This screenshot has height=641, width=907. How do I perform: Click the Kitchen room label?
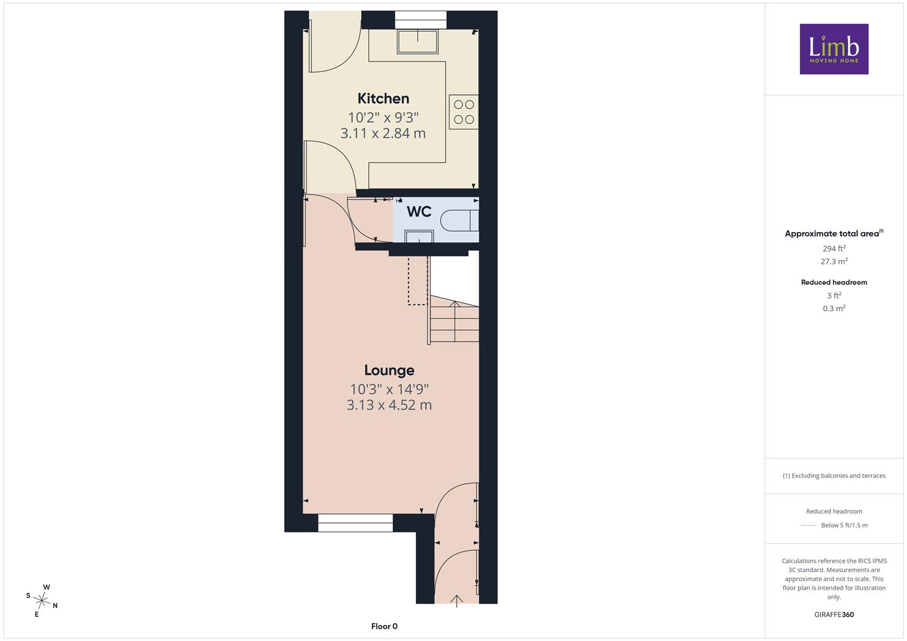(383, 99)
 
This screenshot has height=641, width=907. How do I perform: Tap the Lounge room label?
(389, 370)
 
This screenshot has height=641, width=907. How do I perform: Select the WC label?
(419, 211)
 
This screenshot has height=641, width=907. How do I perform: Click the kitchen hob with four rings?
(464, 112)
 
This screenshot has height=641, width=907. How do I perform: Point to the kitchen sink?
(418, 42)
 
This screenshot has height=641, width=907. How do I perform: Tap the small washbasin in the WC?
(419, 236)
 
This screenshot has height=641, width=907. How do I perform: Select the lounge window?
(355, 523)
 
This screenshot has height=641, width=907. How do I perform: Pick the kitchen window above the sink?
(421, 20)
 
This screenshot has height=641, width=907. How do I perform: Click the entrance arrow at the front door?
(457, 601)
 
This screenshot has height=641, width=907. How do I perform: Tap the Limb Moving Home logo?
(834, 49)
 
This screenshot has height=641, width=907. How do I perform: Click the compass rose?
(42, 601)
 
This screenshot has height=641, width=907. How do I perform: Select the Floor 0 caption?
(384, 626)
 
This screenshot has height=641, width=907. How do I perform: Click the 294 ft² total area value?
(834, 248)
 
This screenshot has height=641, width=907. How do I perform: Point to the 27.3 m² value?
(834, 261)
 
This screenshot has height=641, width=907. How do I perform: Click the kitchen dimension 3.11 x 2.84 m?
(383, 133)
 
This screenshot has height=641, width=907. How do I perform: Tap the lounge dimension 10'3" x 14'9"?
(389, 389)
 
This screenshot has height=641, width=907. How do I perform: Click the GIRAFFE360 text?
(834, 614)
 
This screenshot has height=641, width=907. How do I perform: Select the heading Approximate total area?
(834, 233)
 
